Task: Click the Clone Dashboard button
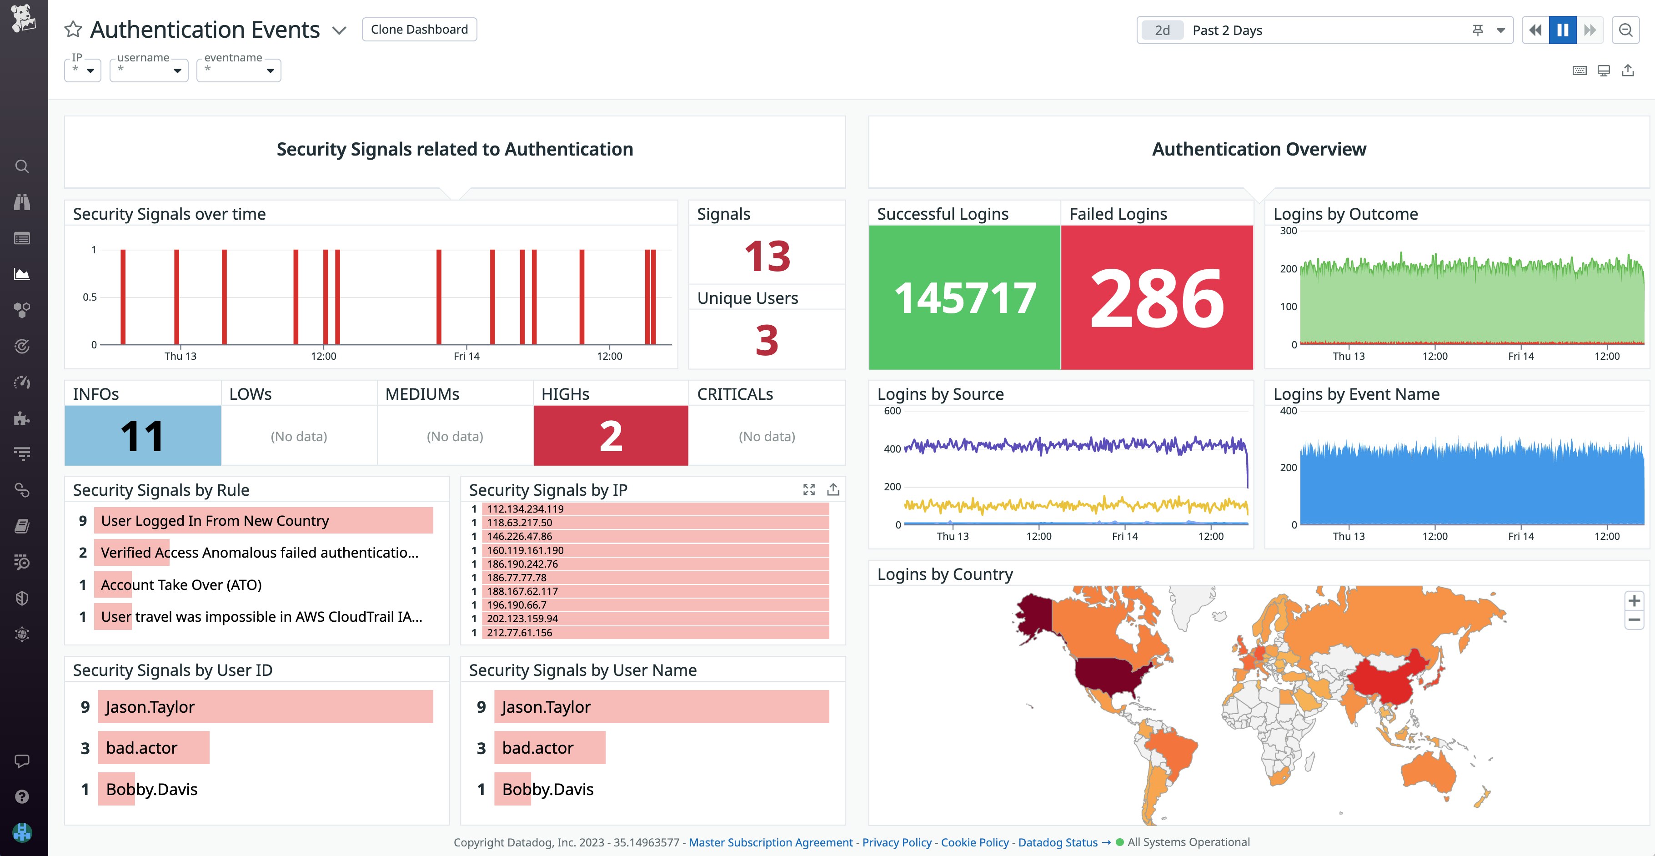pyautogui.click(x=419, y=30)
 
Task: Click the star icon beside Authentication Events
pyautogui.click(x=73, y=30)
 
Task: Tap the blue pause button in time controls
pyautogui.click(x=1563, y=30)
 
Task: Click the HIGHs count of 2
pyautogui.click(x=610, y=436)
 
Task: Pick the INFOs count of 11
pyautogui.click(x=142, y=436)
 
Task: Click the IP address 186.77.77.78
pyautogui.click(x=517, y=578)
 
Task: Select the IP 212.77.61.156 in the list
pyautogui.click(x=519, y=632)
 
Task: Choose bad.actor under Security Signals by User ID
pyautogui.click(x=141, y=747)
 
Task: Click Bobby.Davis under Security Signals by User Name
pyautogui.click(x=547, y=789)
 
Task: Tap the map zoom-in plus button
pyautogui.click(x=1634, y=601)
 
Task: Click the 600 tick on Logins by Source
pyautogui.click(x=893, y=411)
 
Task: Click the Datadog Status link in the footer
pyautogui.click(x=1058, y=842)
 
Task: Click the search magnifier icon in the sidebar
pyautogui.click(x=22, y=166)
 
